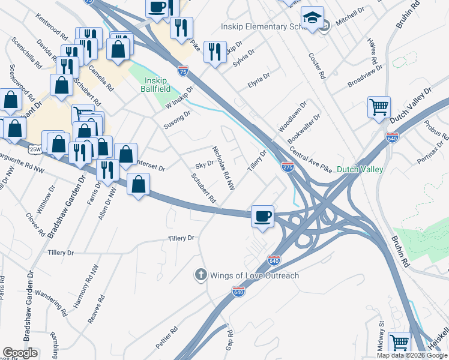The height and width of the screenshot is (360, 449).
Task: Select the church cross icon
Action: point(200,275)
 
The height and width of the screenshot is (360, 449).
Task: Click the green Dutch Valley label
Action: point(360,170)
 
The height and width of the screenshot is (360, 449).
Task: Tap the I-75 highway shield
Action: point(182,71)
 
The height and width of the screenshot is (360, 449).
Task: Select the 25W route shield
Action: point(35,149)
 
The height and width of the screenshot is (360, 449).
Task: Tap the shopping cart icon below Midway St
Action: point(399,343)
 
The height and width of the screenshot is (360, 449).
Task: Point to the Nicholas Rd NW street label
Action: point(222,168)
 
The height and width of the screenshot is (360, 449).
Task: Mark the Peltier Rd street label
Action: point(167,340)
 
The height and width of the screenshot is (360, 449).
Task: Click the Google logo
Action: point(20,353)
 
